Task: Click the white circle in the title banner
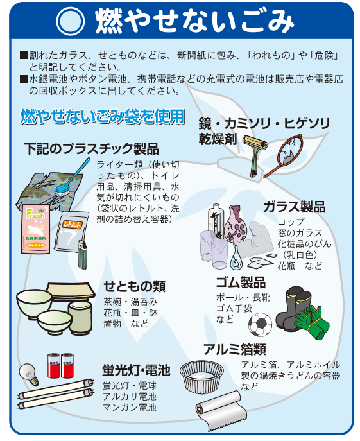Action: coord(71,21)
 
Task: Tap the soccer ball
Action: coord(260,325)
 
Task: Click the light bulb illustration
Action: coord(29,374)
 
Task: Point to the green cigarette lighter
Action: coord(82,255)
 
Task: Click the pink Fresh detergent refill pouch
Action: coord(36,229)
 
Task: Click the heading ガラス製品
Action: coord(295,207)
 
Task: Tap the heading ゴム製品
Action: coord(241,282)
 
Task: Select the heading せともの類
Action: coord(134,286)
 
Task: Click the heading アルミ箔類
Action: coord(235,349)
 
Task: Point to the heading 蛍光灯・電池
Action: coord(137,370)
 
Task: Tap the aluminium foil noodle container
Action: coord(202,377)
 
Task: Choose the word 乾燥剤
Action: coord(218,139)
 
